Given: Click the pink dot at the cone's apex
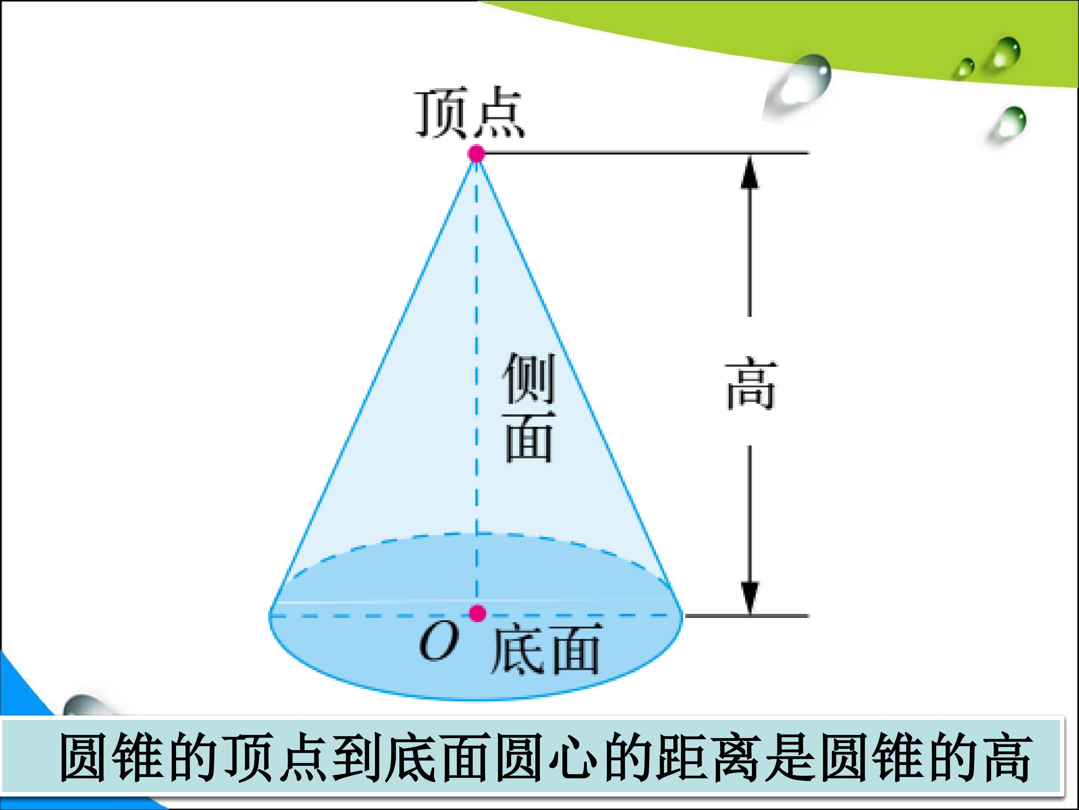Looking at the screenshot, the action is (x=476, y=153).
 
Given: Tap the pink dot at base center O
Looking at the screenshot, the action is (x=477, y=613).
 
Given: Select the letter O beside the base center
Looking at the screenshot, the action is (x=439, y=642).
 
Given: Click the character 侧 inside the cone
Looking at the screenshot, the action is (x=528, y=378).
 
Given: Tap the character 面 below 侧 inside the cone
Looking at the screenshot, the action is (x=529, y=437).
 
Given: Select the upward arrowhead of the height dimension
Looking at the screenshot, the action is (x=750, y=171).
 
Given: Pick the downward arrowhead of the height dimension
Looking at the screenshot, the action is (x=750, y=598).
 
